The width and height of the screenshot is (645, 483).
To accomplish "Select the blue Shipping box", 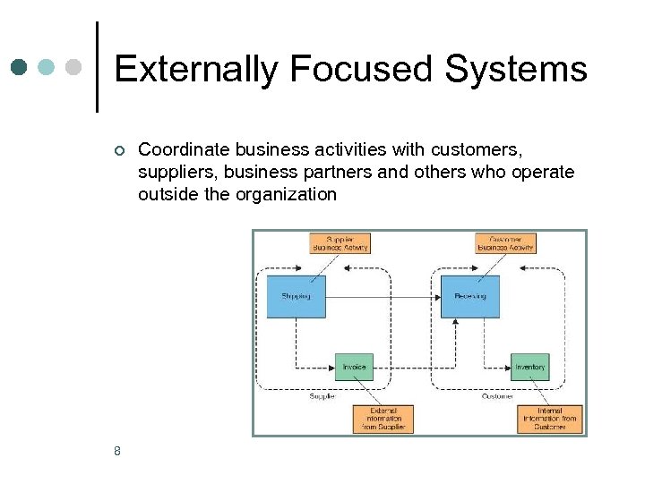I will (x=297, y=296).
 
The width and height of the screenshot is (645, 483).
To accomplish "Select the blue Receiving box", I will (x=470, y=296).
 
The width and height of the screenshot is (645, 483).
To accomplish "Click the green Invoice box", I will (x=354, y=367).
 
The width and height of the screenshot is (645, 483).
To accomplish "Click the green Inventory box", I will (x=530, y=367).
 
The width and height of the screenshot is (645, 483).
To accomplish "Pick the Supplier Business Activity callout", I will (x=340, y=243).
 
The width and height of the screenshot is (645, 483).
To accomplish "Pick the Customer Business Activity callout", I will (x=505, y=243).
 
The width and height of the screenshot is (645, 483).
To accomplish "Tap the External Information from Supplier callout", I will (x=383, y=419).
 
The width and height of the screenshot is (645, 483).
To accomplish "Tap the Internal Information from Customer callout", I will (x=550, y=419).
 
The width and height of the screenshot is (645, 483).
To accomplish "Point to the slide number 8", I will (x=117, y=451).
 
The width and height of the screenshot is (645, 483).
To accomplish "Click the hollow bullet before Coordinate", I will (x=118, y=150).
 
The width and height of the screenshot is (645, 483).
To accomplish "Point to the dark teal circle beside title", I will (x=20, y=67).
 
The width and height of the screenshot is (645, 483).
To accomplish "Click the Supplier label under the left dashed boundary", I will (x=322, y=396).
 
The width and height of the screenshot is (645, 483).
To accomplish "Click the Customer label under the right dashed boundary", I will (x=497, y=396).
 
